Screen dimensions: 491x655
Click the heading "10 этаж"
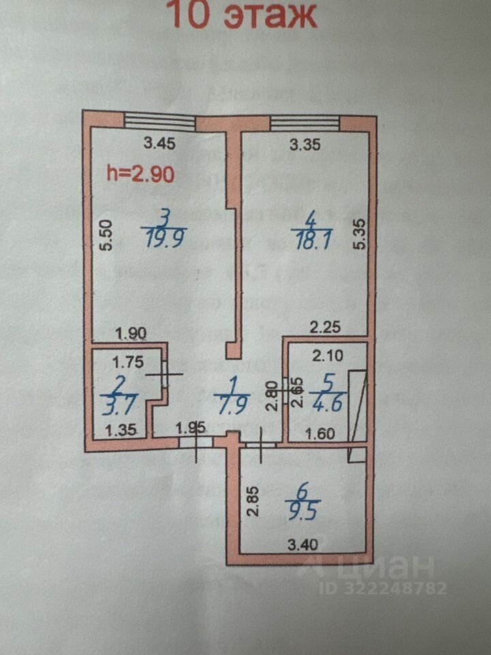point(241,15)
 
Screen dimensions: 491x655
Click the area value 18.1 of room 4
point(311,240)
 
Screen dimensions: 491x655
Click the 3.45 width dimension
point(159,143)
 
